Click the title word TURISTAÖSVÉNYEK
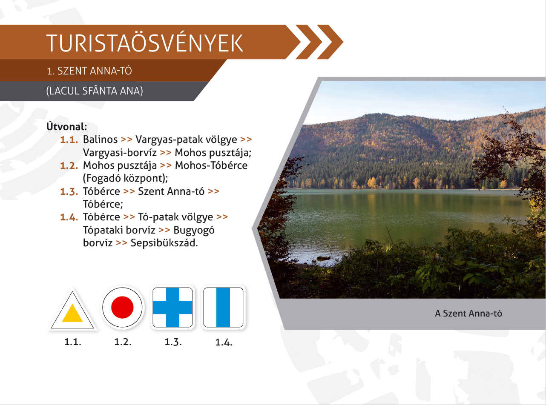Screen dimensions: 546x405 [x=145, y=43]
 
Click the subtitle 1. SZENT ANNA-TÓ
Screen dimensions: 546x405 [x=89, y=71]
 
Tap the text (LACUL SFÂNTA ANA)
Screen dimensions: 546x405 [x=95, y=91]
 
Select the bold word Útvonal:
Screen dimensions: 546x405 [x=67, y=127]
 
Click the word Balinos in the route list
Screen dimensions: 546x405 [x=101, y=140]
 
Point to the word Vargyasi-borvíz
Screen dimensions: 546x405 [x=120, y=153]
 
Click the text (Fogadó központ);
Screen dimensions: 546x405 [x=125, y=178]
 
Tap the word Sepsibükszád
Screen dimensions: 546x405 [x=164, y=243]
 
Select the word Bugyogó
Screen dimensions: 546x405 [x=194, y=231]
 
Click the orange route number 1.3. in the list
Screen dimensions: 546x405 [x=69, y=191]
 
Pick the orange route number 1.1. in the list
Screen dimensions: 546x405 [x=69, y=140]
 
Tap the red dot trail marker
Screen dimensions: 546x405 [x=122, y=308]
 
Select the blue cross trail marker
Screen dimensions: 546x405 [x=172, y=308]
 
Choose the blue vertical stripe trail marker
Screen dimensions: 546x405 [x=223, y=308]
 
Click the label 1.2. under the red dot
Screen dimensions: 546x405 [x=123, y=342]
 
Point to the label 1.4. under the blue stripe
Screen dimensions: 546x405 [x=224, y=342]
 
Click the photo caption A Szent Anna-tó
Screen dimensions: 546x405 [x=468, y=314]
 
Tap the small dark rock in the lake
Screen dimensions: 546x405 [x=323, y=258]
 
